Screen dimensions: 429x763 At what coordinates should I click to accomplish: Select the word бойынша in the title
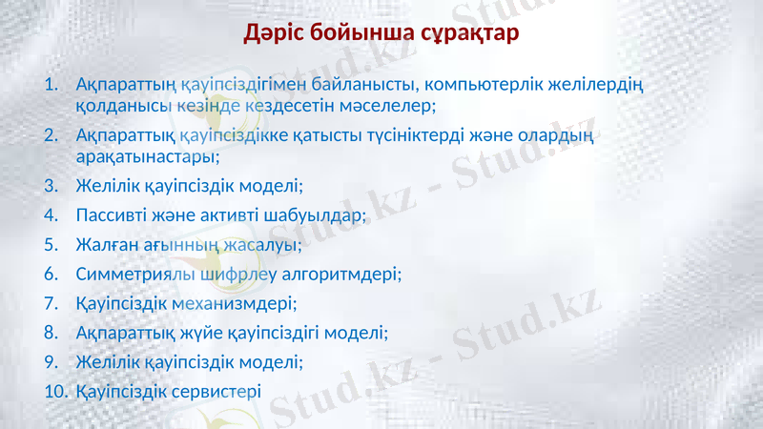pyautogui.click(x=363, y=34)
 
